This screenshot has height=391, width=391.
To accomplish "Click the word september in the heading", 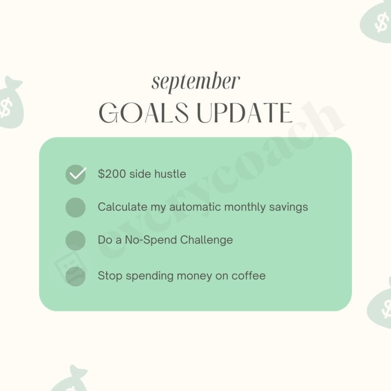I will (x=195, y=83).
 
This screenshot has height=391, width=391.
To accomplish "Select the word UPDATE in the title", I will (x=244, y=113).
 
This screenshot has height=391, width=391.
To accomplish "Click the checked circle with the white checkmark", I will (x=75, y=174).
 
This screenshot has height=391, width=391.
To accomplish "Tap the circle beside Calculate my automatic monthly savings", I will (x=75, y=207).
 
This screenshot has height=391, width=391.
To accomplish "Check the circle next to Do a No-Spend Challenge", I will (x=75, y=240).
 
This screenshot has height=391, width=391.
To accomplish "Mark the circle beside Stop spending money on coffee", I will (x=75, y=276).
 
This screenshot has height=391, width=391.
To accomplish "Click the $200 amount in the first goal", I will (x=111, y=174).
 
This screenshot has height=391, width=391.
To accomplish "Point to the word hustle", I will (x=170, y=174).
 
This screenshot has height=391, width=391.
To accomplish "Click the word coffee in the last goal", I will (x=249, y=276).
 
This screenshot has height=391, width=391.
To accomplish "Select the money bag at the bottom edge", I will (x=71, y=381).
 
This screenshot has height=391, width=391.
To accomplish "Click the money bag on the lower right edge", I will (x=380, y=305).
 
